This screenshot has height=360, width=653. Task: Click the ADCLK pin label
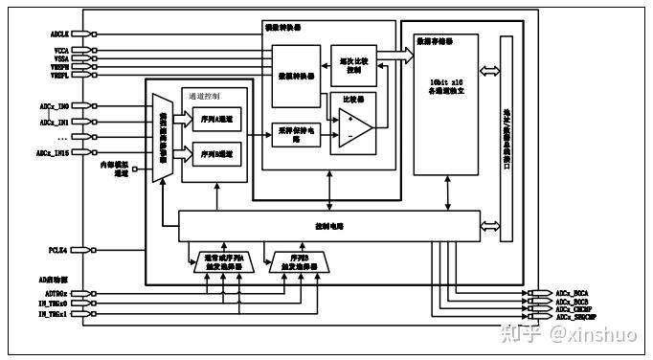[x=59, y=33]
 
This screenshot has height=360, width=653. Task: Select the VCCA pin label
[x=59, y=50]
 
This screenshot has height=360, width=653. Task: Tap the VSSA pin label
[x=59, y=57]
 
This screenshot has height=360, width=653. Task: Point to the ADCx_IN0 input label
[x=54, y=105]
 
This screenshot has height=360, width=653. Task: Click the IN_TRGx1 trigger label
[x=54, y=314]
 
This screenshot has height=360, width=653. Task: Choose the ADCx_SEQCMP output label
[x=580, y=316]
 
